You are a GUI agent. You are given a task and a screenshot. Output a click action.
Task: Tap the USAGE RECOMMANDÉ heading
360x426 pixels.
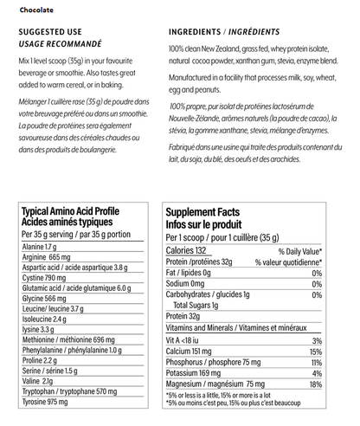(59, 42)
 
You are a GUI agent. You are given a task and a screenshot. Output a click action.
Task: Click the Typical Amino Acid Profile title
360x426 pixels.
(70, 211)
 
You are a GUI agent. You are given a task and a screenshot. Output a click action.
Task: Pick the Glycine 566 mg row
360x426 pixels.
(43, 299)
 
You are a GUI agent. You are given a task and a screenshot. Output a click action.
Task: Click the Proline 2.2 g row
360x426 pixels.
(39, 359)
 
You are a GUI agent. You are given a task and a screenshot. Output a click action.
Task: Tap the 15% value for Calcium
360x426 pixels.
(316, 352)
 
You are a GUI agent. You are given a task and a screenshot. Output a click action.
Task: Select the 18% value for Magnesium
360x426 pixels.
(316, 384)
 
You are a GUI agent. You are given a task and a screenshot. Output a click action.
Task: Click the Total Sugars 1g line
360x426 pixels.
(204, 306)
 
